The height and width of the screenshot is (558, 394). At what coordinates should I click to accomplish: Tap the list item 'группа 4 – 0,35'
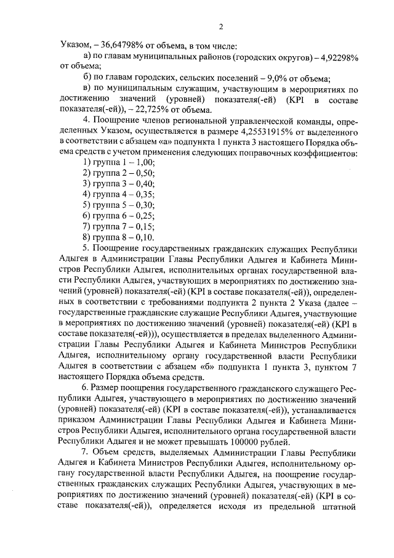click(x=118, y=197)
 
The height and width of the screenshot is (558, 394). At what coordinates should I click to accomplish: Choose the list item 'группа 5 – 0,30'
click(x=118, y=208)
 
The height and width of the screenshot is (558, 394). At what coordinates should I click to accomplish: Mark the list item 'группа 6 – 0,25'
click(x=118, y=219)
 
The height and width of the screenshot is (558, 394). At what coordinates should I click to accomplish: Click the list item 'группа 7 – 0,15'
click(x=118, y=229)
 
